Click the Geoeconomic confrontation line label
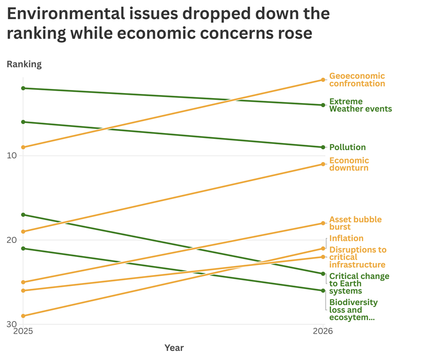357,80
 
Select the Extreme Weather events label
360,105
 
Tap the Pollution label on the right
347,147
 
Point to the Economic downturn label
349,164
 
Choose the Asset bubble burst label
355,223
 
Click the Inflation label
346,238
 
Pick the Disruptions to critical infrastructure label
358,257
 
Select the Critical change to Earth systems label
359,283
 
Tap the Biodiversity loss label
353,310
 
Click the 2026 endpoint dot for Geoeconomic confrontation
323,80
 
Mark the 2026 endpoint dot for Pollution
323,147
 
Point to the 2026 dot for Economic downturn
323,164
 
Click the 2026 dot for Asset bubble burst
323,223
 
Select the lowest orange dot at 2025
23,316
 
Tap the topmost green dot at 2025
23,88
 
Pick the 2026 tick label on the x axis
323,331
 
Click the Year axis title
174,348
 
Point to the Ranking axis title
24,64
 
